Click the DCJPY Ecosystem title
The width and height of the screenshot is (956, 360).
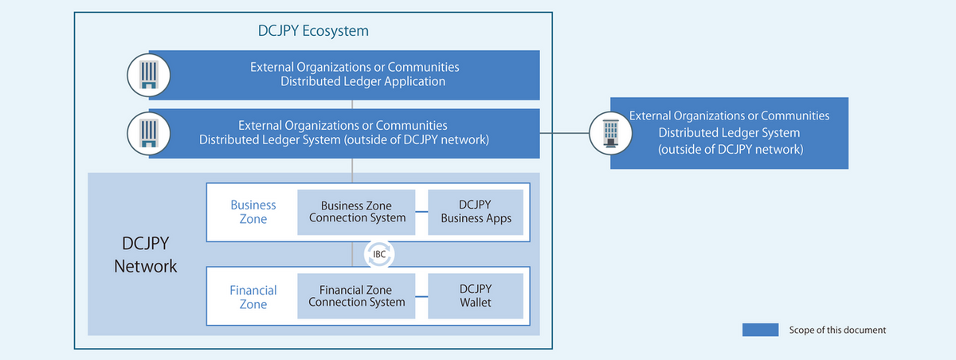(x=313, y=32)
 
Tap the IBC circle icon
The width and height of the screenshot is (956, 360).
(x=380, y=254)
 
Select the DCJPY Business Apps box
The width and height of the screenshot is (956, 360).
(x=476, y=212)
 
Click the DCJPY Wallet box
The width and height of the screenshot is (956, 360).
(x=476, y=295)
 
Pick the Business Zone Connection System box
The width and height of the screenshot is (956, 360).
(x=356, y=212)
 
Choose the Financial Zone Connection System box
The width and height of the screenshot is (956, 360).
(x=356, y=295)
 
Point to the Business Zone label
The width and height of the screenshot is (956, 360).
(x=253, y=212)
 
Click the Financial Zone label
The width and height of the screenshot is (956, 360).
(x=253, y=296)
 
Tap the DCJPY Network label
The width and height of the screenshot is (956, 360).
(x=146, y=254)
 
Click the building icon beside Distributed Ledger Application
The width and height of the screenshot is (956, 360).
(x=148, y=75)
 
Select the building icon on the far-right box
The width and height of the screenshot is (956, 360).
(x=611, y=132)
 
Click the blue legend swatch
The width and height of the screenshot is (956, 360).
(x=760, y=330)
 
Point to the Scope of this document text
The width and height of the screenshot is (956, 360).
(x=837, y=330)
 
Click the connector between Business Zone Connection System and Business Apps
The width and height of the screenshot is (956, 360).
(x=421, y=213)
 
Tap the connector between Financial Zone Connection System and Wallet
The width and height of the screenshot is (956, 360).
(x=421, y=296)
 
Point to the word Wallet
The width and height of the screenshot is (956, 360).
(x=476, y=303)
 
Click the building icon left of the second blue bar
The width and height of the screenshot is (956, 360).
(x=148, y=133)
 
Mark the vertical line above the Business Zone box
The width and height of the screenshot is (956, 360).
(x=351, y=170)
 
